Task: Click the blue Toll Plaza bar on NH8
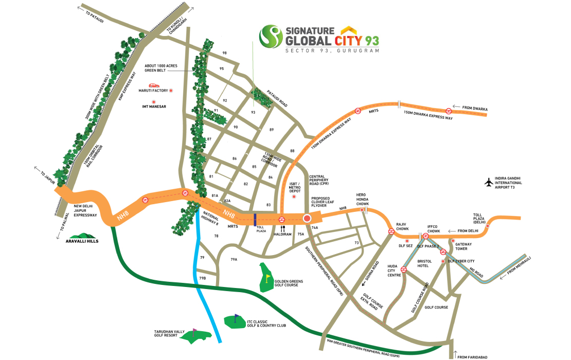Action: (x=255, y=219)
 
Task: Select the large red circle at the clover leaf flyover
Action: (x=307, y=219)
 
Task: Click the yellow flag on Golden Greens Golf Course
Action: (x=267, y=278)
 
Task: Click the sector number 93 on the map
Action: (x=253, y=112)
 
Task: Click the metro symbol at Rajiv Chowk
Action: (x=391, y=231)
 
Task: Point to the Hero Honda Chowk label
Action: (x=364, y=198)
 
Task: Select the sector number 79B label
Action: (x=202, y=278)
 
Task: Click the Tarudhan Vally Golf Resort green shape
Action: (x=196, y=335)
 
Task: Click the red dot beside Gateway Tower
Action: (x=453, y=241)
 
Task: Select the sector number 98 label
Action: (x=224, y=53)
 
